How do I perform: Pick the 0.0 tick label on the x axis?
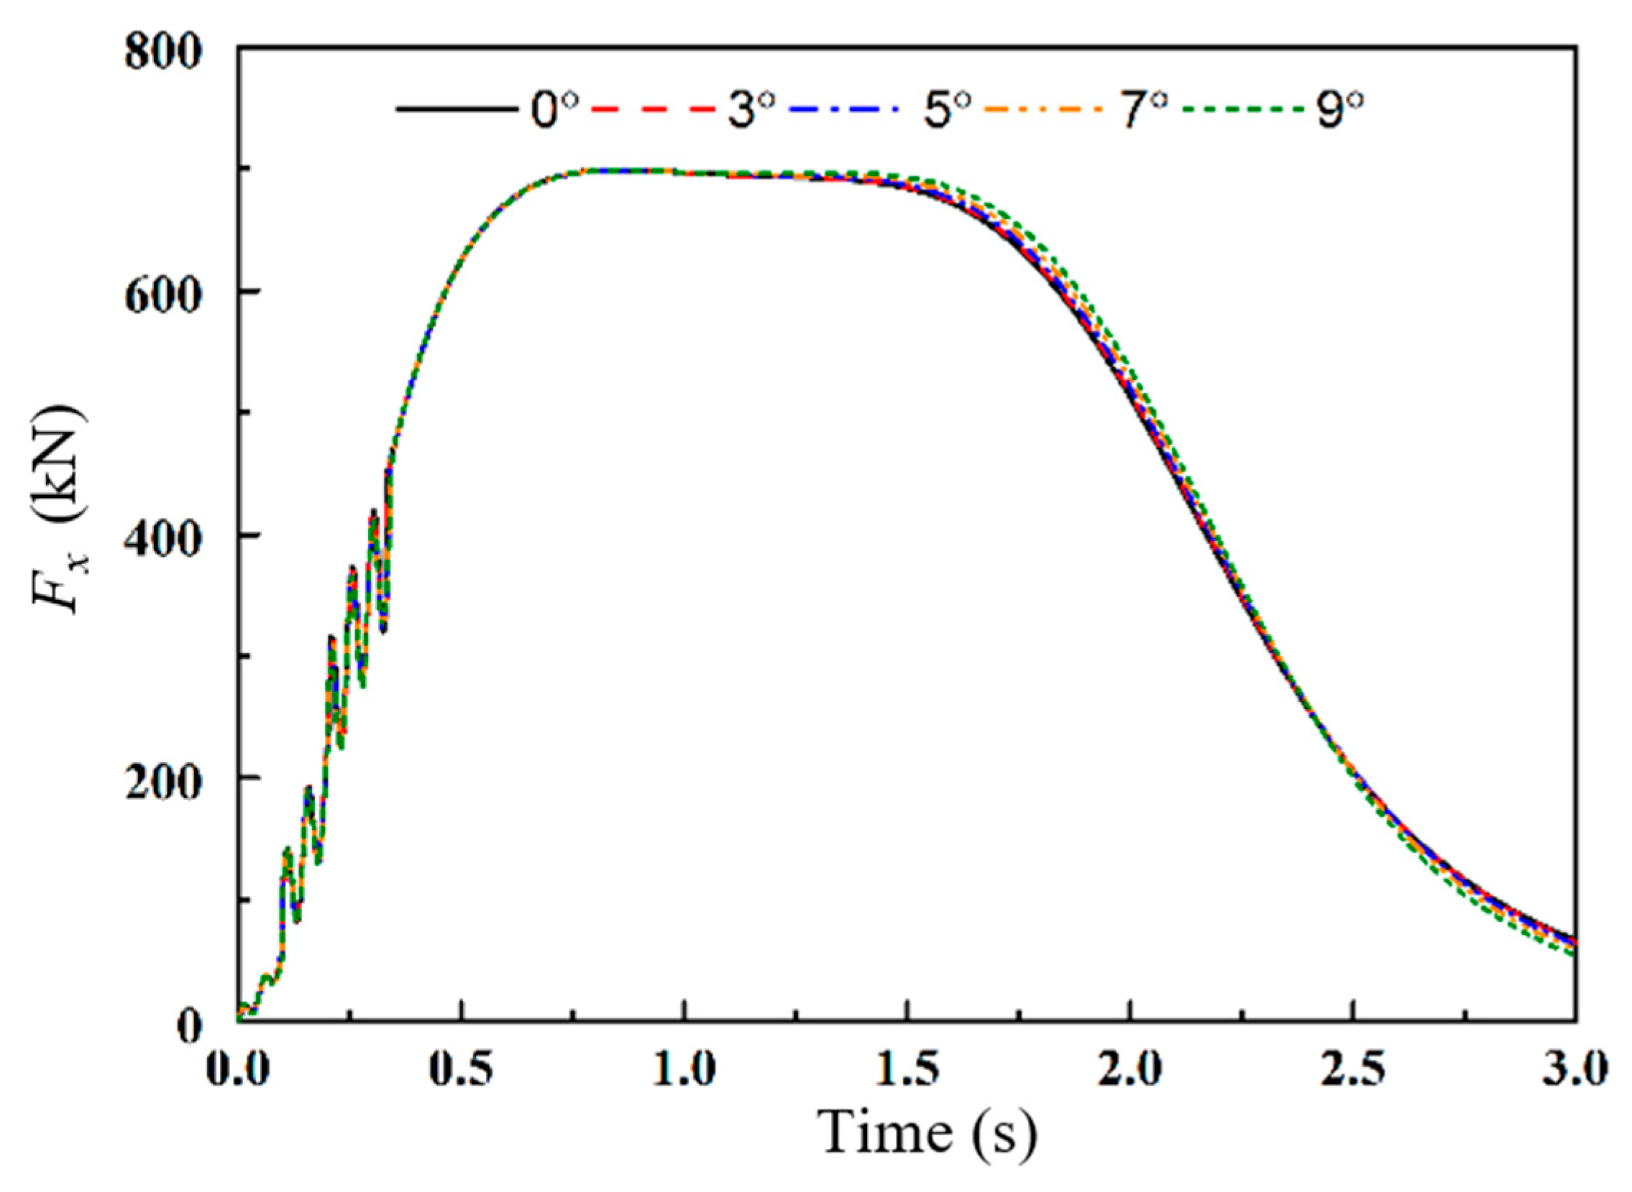click(x=238, y=1070)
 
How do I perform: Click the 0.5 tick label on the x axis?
click(x=462, y=1070)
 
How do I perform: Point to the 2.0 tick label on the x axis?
click(x=1131, y=1070)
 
